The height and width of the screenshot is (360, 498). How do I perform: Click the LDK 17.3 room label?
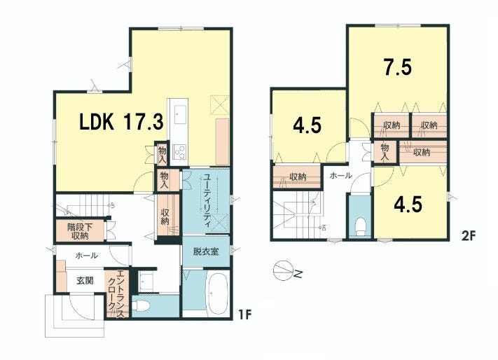[121, 122]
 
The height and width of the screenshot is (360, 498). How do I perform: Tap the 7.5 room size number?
[398, 67]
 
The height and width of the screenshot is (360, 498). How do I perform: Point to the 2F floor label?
[469, 236]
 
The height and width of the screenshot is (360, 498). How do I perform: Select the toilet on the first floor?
[140, 306]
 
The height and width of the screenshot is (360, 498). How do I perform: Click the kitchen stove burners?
[179, 151]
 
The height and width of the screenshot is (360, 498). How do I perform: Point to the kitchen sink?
[180, 116]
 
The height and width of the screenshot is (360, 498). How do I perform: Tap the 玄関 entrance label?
[85, 281]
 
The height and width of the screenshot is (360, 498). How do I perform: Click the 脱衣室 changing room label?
[206, 251]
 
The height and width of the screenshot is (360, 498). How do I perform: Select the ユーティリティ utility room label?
[207, 200]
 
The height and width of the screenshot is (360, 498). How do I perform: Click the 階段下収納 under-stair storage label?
[79, 231]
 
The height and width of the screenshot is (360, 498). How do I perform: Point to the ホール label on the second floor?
[340, 175]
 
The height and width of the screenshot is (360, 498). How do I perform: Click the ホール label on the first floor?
[86, 255]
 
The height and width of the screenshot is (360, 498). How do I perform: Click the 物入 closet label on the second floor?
[385, 152]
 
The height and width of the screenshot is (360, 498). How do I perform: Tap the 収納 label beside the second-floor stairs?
[297, 176]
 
